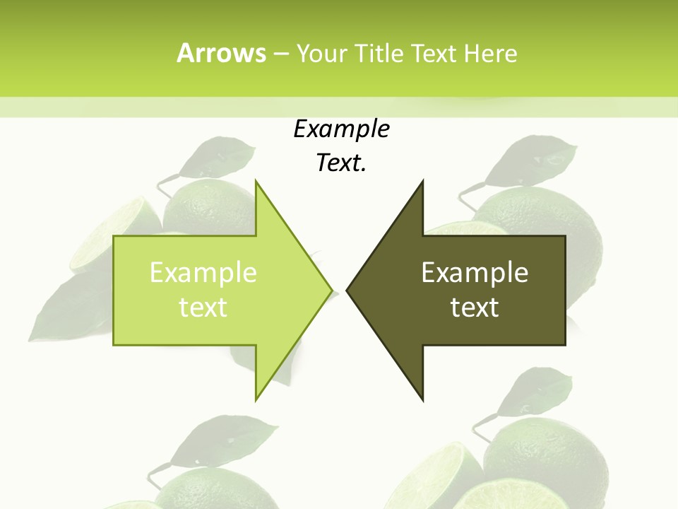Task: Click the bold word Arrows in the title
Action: pos(220,53)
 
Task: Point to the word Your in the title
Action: pos(321,54)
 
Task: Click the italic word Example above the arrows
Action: pos(341,129)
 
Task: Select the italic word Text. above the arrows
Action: pos(341,163)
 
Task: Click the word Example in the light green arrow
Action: pos(203,272)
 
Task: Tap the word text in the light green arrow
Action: pos(203,307)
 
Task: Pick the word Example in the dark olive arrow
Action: pos(475,272)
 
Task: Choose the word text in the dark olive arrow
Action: pos(475,307)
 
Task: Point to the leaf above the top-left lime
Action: pos(215,157)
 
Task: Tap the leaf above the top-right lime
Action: pos(540,156)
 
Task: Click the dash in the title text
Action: pos(280,54)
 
